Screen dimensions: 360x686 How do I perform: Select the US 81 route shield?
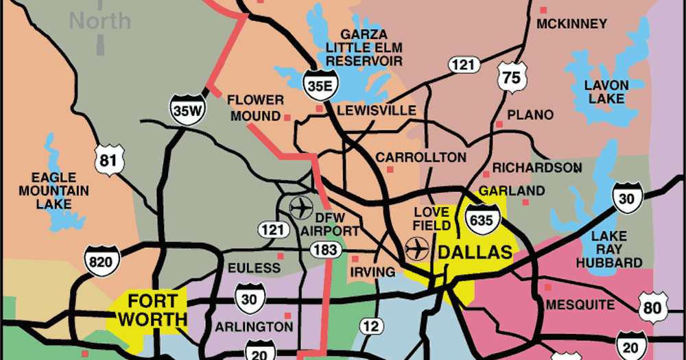click(111, 160)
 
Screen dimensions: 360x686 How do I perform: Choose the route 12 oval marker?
click(371, 326)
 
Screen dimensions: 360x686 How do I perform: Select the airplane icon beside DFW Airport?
click(301, 206)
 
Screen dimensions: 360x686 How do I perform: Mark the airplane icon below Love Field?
click(416, 248)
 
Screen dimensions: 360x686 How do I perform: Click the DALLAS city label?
click(475, 252)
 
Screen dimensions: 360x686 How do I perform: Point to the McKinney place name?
click(571, 24)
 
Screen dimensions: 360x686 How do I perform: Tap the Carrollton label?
click(421, 158)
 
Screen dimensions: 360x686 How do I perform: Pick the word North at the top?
click(100, 21)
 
